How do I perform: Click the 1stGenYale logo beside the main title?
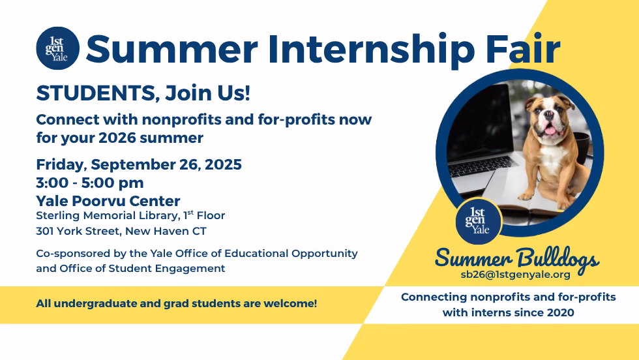coord(58,48)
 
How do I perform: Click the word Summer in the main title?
coord(172,49)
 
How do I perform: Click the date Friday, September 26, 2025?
coord(139,164)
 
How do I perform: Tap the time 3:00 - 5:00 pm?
coord(90,183)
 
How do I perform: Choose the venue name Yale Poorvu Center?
coord(108,201)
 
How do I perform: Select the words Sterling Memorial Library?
coord(108,216)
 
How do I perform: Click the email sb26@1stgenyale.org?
coord(516,275)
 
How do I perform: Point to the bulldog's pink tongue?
coord(550,131)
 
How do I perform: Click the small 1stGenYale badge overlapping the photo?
coord(479,221)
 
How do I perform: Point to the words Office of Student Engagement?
coord(142,269)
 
